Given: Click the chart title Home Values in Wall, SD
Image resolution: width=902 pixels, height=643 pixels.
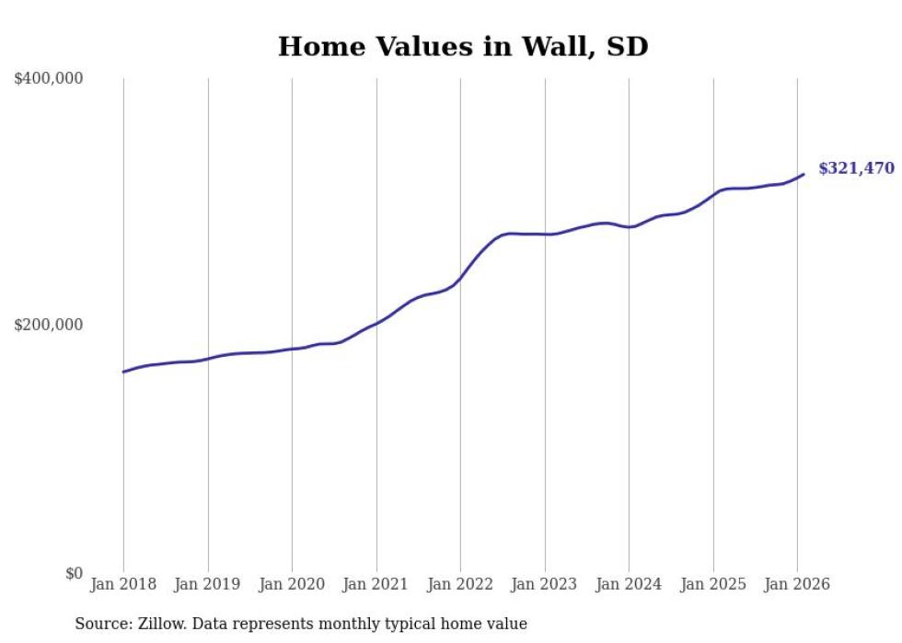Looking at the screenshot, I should coord(463,46).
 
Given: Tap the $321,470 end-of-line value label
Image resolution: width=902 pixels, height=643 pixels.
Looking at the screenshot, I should coord(856,168).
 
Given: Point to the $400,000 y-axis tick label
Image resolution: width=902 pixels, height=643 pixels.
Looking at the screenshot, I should coord(49,79).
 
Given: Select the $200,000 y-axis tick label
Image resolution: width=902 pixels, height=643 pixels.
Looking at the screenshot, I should coord(49,325).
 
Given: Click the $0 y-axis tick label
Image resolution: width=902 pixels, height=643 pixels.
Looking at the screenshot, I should coord(74,573).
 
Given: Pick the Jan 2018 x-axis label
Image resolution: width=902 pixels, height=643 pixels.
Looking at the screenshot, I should coord(123,584).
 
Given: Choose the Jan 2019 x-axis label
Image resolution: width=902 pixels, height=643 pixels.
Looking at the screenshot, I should coord(208,584).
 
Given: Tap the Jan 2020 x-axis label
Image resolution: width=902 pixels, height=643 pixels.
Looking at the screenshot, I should coord(292,584).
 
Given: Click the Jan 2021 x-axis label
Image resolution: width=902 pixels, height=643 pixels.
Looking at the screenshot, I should coord(376,584).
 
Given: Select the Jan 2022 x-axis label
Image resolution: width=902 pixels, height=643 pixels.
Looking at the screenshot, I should coord(460,584).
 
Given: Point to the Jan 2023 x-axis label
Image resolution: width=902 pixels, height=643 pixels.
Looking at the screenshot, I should coord(545,584).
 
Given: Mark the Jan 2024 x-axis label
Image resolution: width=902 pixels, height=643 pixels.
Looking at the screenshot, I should coord(629,584).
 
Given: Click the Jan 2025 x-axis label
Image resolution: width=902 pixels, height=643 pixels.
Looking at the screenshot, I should coord(713,584).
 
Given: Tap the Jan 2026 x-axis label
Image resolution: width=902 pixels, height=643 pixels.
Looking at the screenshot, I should coord(797,584).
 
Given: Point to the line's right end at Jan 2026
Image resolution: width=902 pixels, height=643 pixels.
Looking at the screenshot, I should coord(804,174).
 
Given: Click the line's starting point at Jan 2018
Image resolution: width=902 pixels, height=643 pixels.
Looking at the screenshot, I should coord(123,372).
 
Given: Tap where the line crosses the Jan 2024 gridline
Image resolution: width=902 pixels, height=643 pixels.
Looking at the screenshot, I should coord(629,227).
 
